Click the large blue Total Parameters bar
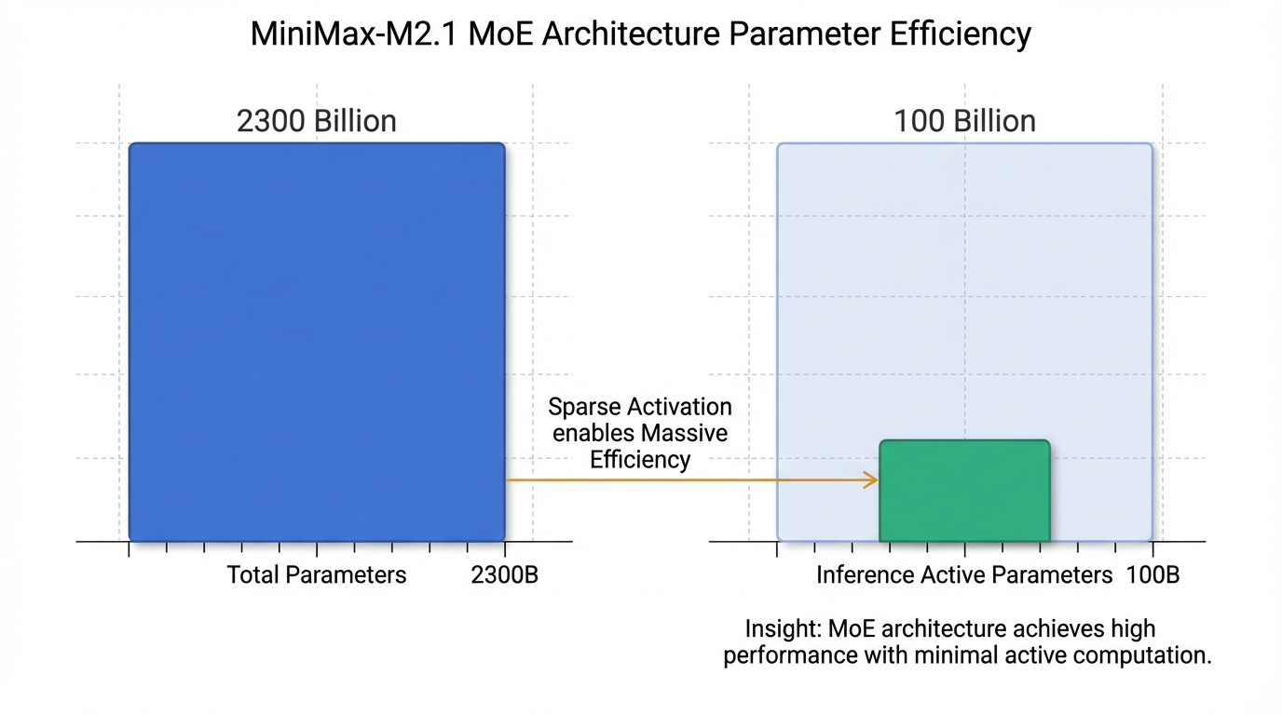(x=317, y=342)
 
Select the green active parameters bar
(x=964, y=491)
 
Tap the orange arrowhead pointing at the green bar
(x=872, y=480)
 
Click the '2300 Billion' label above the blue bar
(x=317, y=121)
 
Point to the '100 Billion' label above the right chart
(x=964, y=121)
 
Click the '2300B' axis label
(x=504, y=575)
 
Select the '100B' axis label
(x=1152, y=575)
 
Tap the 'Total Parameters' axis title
(x=317, y=575)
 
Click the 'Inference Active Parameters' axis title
(x=964, y=575)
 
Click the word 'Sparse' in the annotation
(x=584, y=407)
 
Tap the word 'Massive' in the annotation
(x=686, y=433)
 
